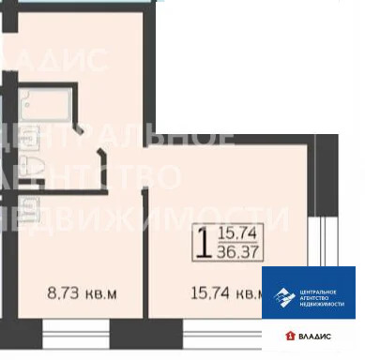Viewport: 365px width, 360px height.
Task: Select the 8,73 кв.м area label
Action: coord(83,293)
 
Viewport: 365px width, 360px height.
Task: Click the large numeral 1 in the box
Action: coord(201,242)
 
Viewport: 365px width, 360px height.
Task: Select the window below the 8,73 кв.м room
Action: coord(75,334)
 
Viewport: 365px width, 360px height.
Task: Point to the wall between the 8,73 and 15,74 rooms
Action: coord(142,253)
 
